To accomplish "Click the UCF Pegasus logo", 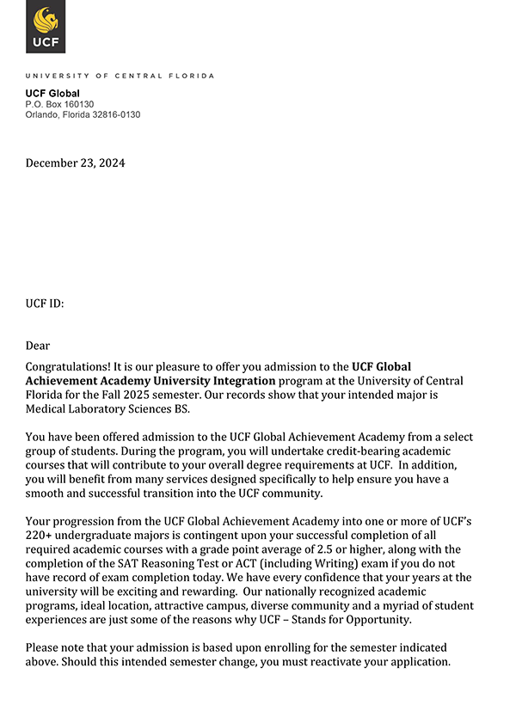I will (x=46, y=28).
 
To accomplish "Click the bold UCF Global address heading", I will (x=52, y=93).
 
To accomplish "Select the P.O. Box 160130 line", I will (x=59, y=104).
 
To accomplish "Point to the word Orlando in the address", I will (x=43, y=114).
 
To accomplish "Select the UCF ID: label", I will (x=45, y=303).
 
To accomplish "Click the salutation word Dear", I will (x=38, y=346).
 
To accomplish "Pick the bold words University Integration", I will (x=214, y=381).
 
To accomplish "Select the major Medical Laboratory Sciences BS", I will (x=107, y=409).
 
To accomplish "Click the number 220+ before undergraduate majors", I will (x=40, y=535).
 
